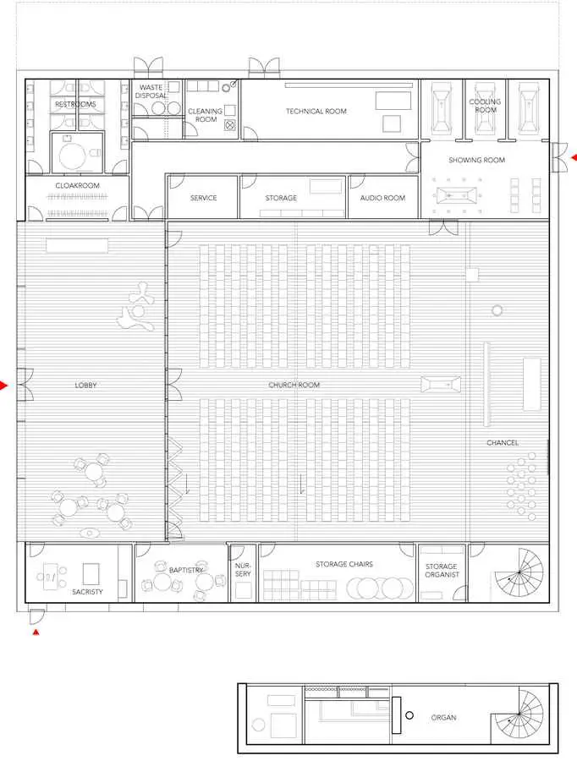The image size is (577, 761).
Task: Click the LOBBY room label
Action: pos(86,385)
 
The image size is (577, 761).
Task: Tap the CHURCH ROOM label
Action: pos(294,385)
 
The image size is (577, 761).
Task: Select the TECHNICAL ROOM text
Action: pos(316,111)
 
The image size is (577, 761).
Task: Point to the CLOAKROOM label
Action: pos(77,185)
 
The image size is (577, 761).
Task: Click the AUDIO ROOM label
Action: pos(382,198)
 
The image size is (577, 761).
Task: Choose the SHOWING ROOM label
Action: pos(477,160)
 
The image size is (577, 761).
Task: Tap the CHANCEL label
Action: pos(503,442)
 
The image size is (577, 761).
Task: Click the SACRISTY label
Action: pos(87,592)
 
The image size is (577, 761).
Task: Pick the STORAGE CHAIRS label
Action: pos(344,564)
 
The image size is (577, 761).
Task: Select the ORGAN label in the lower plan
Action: pos(443,717)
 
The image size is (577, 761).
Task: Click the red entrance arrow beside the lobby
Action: pos(4,386)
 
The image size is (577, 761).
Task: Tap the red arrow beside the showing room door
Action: pos(574,158)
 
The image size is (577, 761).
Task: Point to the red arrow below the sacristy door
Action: pos(36,632)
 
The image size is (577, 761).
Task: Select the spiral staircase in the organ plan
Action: pos(518,714)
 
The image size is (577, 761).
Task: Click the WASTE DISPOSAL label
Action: pos(151,91)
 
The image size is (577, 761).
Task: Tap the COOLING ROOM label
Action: pos(486,106)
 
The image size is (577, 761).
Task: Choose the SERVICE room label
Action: pos(204,198)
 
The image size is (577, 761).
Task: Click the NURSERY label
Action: pos(243,570)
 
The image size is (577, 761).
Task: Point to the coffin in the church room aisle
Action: pos(441,385)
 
